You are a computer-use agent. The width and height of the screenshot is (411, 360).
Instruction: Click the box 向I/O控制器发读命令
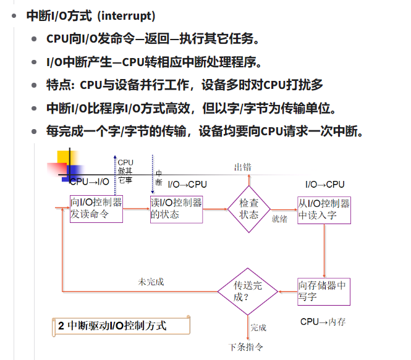click(96, 209)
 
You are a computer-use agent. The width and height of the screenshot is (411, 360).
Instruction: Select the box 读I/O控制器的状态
click(176, 209)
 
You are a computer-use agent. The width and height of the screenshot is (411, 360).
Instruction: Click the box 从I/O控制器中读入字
click(324, 209)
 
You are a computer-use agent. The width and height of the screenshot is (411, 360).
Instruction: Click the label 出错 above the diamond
click(242, 167)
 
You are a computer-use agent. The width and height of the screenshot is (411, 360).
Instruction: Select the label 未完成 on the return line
click(151, 282)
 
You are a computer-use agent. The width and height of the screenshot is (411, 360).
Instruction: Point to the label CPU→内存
click(323, 322)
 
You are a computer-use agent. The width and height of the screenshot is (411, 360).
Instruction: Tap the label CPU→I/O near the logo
click(90, 182)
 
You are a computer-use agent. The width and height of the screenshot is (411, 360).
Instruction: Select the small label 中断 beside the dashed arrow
click(158, 177)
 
